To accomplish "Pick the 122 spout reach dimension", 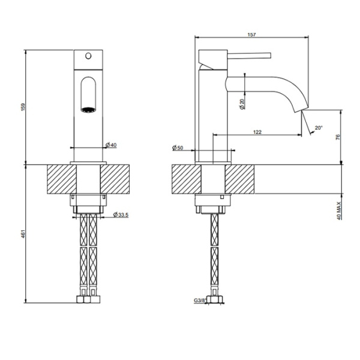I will click(x=257, y=131).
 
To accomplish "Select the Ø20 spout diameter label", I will click(x=241, y=103).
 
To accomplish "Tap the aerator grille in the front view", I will click(x=88, y=110).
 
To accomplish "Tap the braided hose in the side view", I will click(x=212, y=252).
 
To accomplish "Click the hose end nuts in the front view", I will click(x=88, y=298).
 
